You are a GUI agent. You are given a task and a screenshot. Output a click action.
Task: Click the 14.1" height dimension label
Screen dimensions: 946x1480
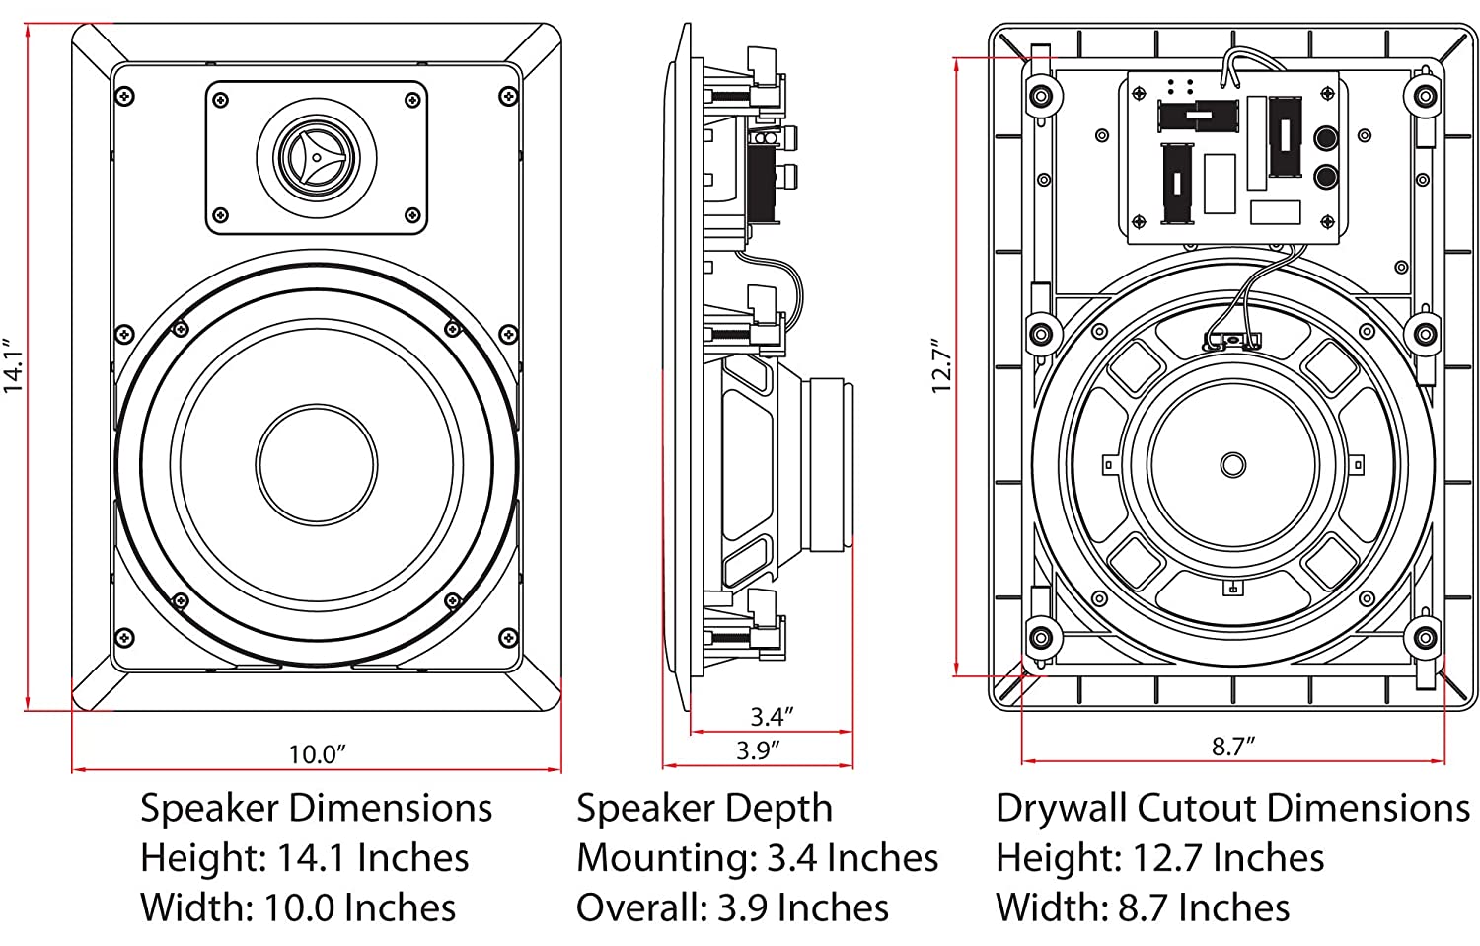14,366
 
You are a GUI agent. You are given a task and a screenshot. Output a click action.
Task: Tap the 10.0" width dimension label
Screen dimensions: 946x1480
317,754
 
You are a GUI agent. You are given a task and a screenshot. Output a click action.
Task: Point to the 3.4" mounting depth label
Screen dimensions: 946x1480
772,715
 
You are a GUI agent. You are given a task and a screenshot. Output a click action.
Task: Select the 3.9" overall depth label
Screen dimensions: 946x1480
758,749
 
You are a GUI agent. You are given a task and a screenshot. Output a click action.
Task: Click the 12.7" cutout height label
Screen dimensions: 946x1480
942,366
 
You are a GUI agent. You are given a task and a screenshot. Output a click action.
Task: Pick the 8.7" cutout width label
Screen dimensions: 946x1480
1232,747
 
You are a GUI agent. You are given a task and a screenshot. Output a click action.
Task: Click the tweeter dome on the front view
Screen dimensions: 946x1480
316,157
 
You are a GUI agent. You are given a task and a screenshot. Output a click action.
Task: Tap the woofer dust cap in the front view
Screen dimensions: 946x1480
317,463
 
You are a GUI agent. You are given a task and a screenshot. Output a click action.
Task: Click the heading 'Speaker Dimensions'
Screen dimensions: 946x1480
316,808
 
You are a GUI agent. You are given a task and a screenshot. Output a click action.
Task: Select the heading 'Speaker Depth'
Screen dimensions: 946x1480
704,808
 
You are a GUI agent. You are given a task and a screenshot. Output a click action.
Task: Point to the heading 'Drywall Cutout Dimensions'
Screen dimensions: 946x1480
1232,808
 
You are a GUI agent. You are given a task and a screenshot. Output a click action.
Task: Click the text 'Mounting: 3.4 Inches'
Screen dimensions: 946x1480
757,857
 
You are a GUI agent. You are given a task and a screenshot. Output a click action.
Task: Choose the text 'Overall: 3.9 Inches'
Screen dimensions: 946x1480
732,907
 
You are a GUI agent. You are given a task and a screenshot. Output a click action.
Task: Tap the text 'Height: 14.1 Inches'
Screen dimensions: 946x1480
304,857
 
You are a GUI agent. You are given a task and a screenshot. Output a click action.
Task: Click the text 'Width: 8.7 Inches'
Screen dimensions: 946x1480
1143,907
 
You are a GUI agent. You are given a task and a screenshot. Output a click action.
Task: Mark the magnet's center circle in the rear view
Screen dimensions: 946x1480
1232,463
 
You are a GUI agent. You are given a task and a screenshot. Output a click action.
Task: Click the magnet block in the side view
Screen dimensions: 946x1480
829,463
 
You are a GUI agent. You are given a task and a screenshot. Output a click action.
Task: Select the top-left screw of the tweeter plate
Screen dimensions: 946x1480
220,100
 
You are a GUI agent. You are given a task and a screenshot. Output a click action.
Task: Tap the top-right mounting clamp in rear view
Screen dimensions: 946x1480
1424,96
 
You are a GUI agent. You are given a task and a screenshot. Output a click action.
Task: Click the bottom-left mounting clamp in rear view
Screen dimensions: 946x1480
1040,637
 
